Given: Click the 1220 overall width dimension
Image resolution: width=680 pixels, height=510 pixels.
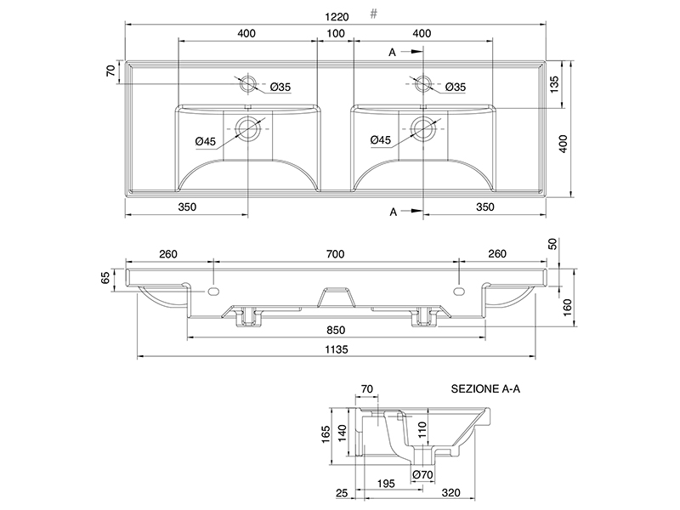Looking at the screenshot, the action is pyautogui.click(x=337, y=17).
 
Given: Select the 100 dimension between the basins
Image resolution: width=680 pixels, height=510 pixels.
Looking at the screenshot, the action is pyautogui.click(x=336, y=33).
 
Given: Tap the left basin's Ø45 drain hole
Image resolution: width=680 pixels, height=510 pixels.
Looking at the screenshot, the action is pyautogui.click(x=247, y=129).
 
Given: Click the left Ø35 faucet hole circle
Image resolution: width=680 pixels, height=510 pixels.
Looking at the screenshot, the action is pyautogui.click(x=247, y=83).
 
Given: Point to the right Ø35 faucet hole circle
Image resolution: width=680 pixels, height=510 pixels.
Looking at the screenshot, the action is pyautogui.click(x=422, y=83).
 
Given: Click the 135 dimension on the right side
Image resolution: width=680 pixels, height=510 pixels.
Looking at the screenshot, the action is pyautogui.click(x=554, y=84).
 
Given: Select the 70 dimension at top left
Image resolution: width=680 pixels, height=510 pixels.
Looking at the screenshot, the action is pyautogui.click(x=111, y=71).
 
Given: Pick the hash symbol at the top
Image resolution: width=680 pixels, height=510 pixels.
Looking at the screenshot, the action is pyautogui.click(x=374, y=14).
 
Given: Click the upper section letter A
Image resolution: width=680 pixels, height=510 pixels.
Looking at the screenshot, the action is pyautogui.click(x=392, y=53).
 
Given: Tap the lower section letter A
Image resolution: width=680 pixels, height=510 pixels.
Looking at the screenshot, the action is pyautogui.click(x=393, y=212).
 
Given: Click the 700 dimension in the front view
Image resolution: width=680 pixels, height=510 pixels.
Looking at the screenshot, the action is pyautogui.click(x=336, y=253).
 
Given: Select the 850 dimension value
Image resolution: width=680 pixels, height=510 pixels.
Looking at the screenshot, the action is pyautogui.click(x=336, y=330).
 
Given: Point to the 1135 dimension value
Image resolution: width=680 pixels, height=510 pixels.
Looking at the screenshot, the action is pyautogui.click(x=337, y=349).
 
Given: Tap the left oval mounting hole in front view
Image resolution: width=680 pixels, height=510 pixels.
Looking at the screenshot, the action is pyautogui.click(x=213, y=291).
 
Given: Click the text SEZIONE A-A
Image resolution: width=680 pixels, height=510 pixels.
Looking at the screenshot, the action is pyautogui.click(x=485, y=388).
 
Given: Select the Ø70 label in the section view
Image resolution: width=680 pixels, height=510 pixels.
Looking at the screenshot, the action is pyautogui.click(x=422, y=475).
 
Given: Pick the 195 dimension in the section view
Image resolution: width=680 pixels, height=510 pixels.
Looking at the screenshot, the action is pyautogui.click(x=386, y=484).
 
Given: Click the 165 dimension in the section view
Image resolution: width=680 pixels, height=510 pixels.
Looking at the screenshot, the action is pyautogui.click(x=326, y=434).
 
